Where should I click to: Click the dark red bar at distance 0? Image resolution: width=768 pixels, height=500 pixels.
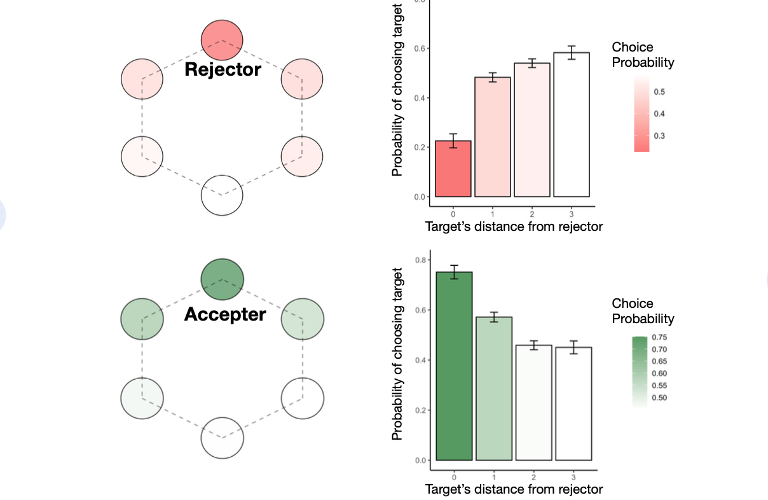coord(453,169)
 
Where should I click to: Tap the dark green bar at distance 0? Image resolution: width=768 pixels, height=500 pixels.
coord(454,366)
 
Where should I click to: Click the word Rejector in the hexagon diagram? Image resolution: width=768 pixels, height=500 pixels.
coord(223,69)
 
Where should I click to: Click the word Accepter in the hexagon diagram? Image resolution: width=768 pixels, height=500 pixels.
coord(225,314)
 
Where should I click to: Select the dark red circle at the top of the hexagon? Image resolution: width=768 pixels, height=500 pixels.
coord(222,38)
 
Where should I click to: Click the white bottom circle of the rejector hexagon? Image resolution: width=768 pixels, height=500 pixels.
coord(222,195)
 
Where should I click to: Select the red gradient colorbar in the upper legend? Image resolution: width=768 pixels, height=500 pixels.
coord(641,113)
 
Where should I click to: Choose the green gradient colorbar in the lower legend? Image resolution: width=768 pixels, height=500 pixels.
coord(640,372)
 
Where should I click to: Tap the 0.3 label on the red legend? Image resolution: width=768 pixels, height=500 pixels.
coord(659,136)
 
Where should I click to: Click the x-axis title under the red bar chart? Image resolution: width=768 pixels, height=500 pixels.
coord(514,226)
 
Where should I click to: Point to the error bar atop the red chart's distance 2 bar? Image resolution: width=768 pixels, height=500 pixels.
coord(531,64)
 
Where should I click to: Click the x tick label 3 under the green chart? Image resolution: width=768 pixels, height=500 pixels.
coord(573,476)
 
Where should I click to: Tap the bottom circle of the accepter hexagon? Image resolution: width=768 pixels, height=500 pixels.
coord(222,437)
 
